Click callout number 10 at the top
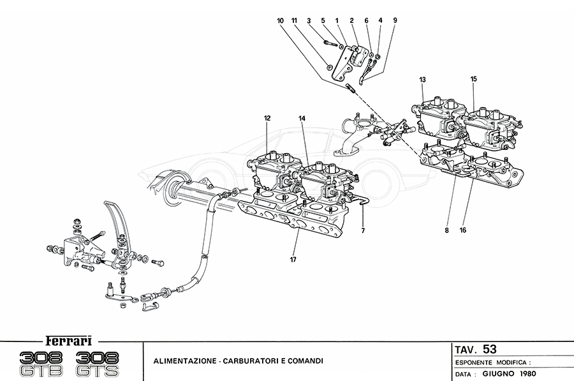[280, 21]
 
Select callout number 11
[295, 21]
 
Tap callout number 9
[395, 21]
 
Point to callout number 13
[422, 79]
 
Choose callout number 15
[474, 79]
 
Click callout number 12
[267, 118]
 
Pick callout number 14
[302, 118]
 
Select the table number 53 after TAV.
[490, 350]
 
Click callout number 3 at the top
[309, 21]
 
